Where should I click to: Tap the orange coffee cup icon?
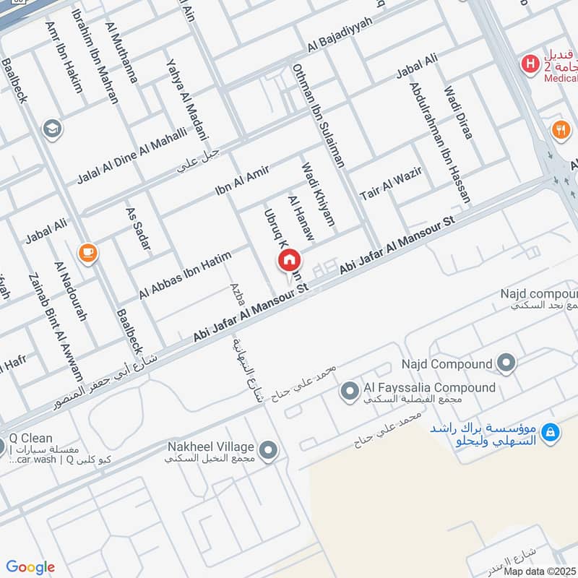[x=89, y=253]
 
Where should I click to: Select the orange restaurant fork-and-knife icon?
[x=560, y=131]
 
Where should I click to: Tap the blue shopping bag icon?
[x=551, y=431]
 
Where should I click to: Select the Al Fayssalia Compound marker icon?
[x=350, y=392]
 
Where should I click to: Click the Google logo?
[x=30, y=567]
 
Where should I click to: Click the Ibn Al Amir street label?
[x=241, y=181]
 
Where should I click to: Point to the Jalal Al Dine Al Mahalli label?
[x=131, y=154]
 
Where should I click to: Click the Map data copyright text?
[x=540, y=571]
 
